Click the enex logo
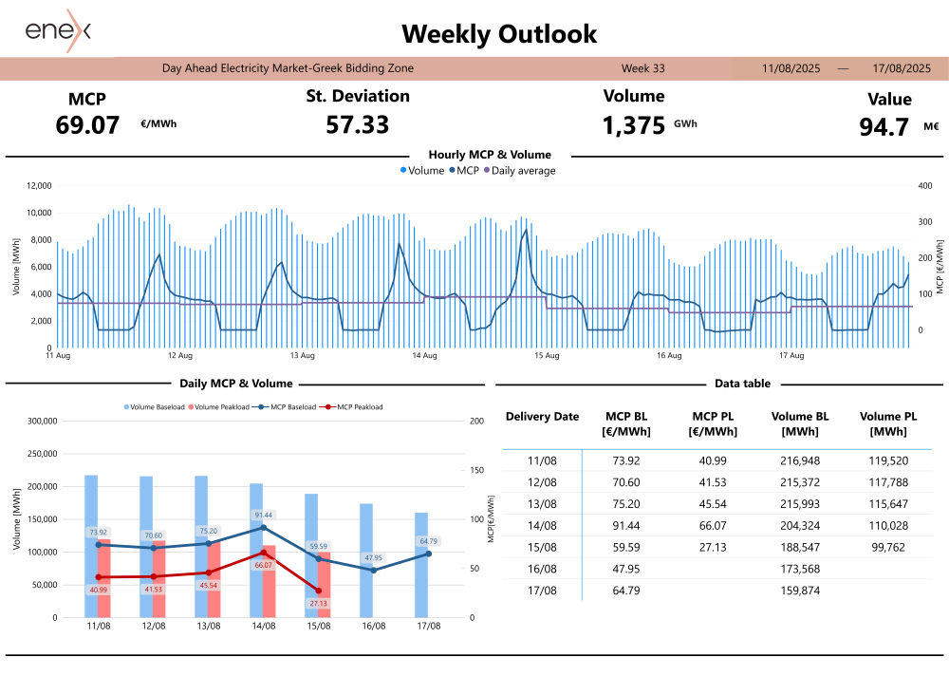58,30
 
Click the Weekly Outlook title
499,34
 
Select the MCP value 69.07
87,124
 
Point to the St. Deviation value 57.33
357,124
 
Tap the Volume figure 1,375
633,124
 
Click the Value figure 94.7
884,127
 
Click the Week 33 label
642,68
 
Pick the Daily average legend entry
519,171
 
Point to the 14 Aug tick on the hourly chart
424,356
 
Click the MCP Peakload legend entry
355,407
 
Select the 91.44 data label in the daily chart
263,516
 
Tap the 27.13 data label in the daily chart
318,603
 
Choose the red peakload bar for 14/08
269,581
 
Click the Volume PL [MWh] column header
888,423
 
